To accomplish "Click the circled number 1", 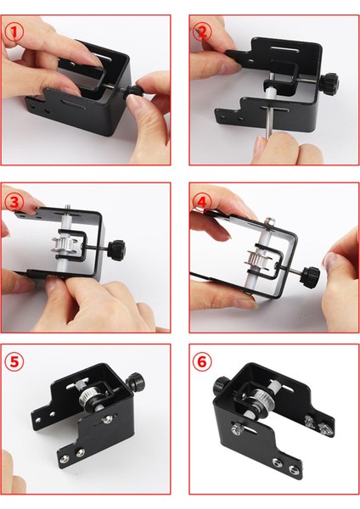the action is tap(14, 32).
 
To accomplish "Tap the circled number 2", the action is tap(202, 32).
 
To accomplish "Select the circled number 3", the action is tap(14, 202).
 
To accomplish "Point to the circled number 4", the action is tap(202, 202).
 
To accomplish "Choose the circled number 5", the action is tap(14, 361).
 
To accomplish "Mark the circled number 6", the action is tap(202, 361).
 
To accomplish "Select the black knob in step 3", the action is tap(116, 249).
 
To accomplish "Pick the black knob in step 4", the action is tap(310, 277).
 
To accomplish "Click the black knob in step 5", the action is tap(133, 383).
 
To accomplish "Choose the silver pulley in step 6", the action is tap(260, 400).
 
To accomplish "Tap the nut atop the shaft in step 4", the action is tap(269, 222).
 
